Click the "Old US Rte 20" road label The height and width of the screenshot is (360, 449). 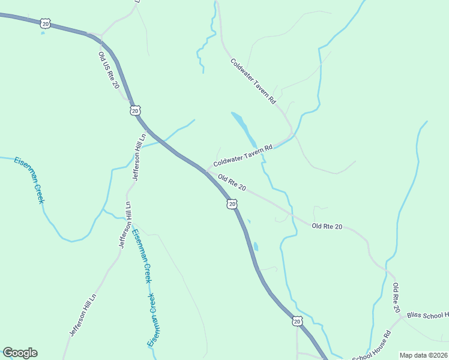coord(109,70)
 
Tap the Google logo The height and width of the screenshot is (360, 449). coord(20,353)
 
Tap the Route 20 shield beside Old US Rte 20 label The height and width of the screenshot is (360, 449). coord(135,110)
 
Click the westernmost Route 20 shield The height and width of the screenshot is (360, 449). coord(46,23)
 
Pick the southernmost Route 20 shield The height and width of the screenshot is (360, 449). coord(297,322)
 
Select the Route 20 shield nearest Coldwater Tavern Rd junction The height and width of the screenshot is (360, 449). coord(232,205)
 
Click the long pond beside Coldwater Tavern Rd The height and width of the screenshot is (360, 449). coord(244,127)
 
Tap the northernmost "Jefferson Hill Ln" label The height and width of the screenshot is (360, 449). coord(138,157)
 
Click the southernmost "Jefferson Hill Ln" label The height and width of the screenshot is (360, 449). coord(83,314)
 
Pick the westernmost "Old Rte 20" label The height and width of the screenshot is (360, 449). coord(232,183)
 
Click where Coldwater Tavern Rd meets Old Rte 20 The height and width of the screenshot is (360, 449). coord(208,170)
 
